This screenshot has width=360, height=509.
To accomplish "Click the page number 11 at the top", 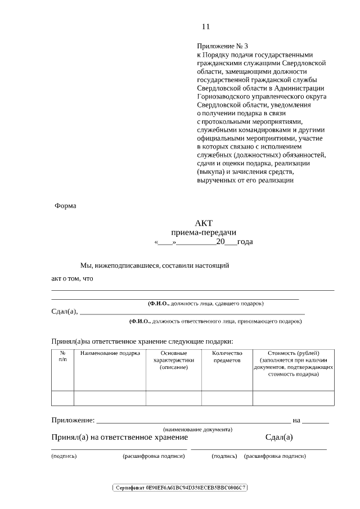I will pyautogui.click(x=205, y=26).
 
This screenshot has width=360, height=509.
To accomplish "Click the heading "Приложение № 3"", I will pyautogui.click(x=222, y=46).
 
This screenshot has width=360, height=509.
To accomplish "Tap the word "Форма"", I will pyautogui.click(x=65, y=206).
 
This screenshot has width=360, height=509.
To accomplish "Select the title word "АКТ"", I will pyautogui.click(x=204, y=223).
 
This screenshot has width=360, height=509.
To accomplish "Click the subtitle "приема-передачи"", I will pyautogui.click(x=204, y=233).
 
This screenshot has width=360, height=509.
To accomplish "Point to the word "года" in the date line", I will pyautogui.click(x=245, y=242).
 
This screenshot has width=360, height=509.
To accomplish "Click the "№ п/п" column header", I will pyautogui.click(x=62, y=356).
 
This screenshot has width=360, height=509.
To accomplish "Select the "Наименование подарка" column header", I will pyautogui.click(x=110, y=353).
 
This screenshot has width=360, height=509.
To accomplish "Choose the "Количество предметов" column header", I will pyautogui.click(x=227, y=357).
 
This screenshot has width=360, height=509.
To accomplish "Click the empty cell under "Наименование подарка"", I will pyautogui.click(x=110, y=398).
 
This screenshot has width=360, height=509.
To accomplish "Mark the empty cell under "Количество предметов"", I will pyautogui.click(x=227, y=398).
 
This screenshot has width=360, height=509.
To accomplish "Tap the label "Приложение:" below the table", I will pyautogui.click(x=73, y=420).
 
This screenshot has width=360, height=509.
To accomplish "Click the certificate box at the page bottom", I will pyautogui.click(x=180, y=487).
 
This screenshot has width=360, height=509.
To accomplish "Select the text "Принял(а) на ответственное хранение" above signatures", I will pyautogui.click(x=120, y=438).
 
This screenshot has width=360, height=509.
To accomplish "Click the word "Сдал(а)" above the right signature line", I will pyautogui.click(x=279, y=438).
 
